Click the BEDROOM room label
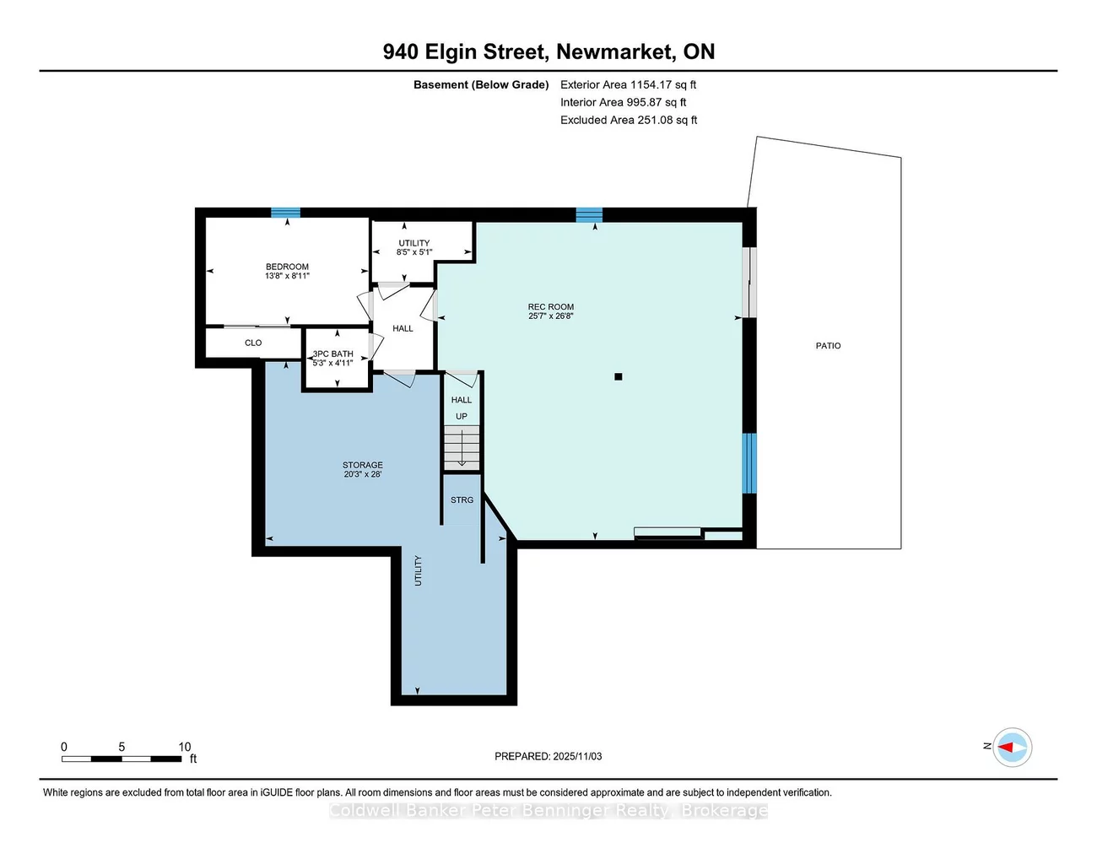(287, 267)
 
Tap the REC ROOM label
(550, 307)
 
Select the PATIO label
(828, 346)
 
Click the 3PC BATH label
(333, 354)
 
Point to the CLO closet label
(253, 343)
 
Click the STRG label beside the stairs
(462, 500)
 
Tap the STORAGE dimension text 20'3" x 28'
(363, 474)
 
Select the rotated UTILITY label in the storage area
(418, 571)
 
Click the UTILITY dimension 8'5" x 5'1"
(413, 252)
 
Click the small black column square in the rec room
(619, 377)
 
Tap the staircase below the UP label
(462, 448)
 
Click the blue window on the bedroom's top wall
(285, 213)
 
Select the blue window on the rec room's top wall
(589, 214)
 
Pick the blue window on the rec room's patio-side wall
(749, 463)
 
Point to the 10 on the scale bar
(184, 747)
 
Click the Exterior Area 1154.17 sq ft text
(628, 84)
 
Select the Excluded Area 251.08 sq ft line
(629, 120)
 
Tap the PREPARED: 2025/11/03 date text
(548, 757)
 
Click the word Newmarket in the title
(614, 51)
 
